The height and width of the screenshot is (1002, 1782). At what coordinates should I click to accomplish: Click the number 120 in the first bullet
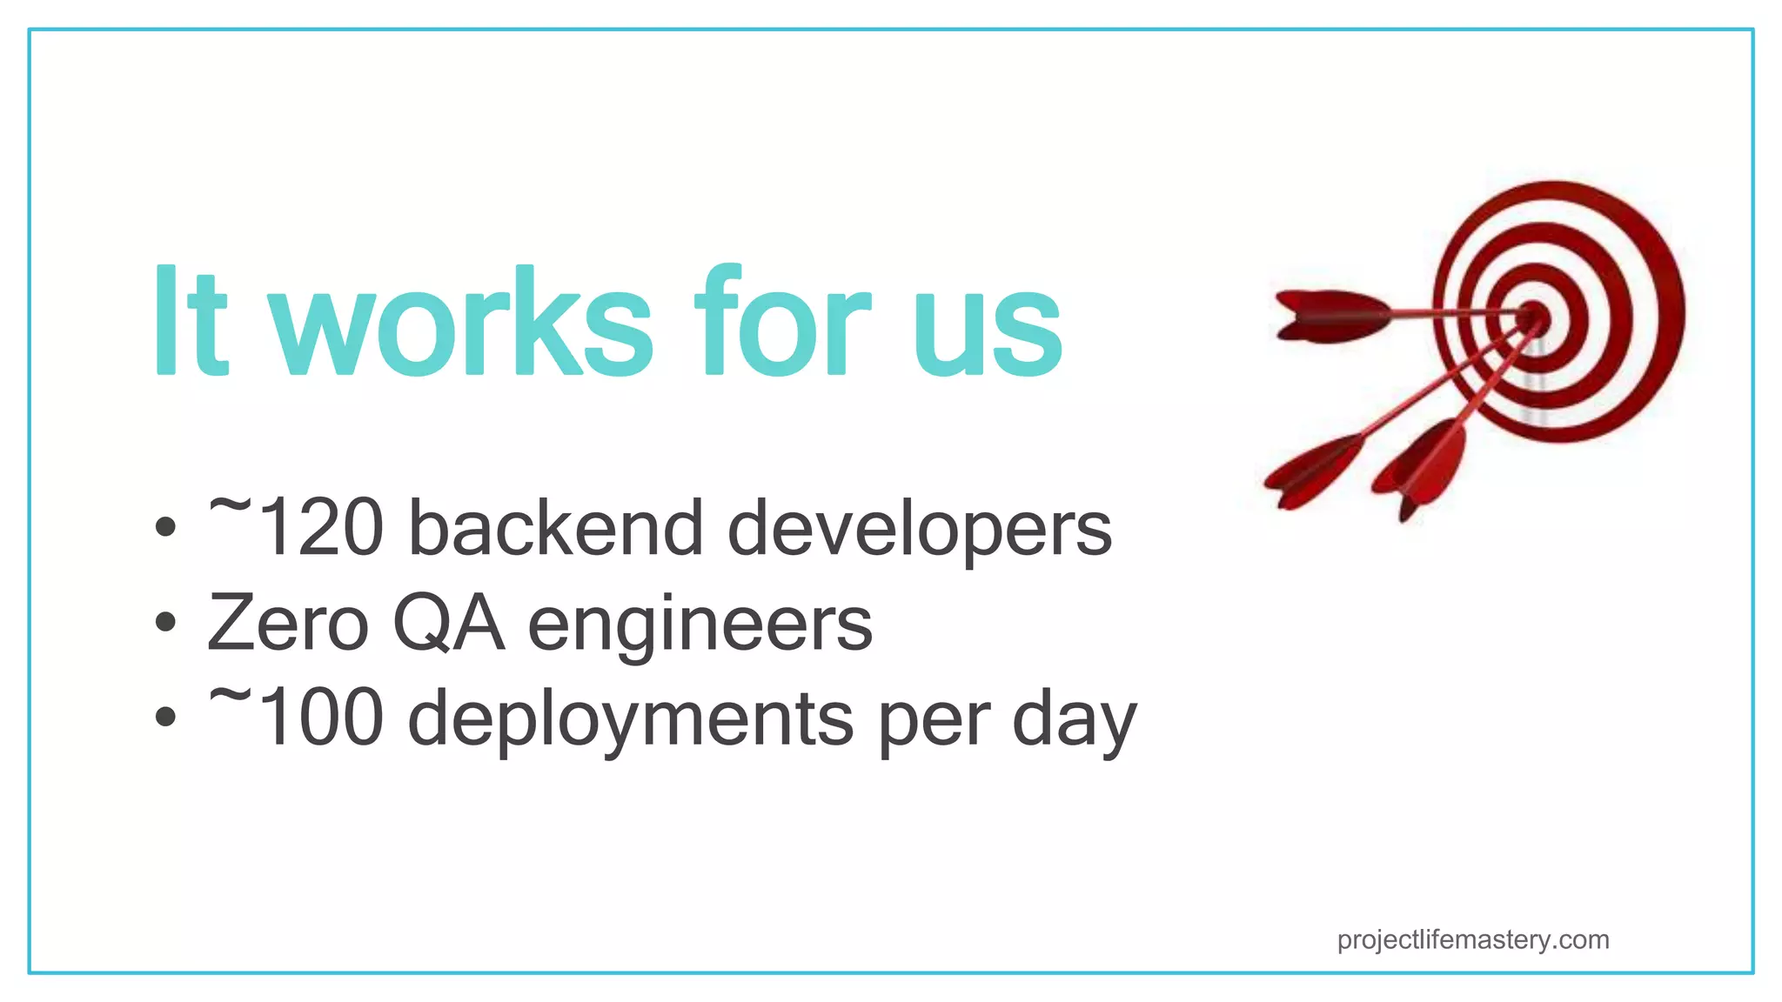tap(321, 528)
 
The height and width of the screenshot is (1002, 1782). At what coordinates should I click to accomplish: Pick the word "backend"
tap(556, 528)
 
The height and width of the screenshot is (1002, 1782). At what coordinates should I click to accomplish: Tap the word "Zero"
tap(288, 623)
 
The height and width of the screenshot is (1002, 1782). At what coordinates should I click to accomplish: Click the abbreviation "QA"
tap(449, 625)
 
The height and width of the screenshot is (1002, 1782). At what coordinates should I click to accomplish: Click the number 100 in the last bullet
tap(321, 718)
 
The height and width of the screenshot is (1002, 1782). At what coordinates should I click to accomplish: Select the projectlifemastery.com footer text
tap(1473, 940)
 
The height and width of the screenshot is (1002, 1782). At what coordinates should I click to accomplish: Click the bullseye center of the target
tap(1535, 317)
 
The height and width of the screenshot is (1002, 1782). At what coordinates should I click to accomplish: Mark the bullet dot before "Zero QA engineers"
tap(165, 623)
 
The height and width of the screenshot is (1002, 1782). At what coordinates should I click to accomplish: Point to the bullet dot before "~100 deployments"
tap(165, 718)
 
